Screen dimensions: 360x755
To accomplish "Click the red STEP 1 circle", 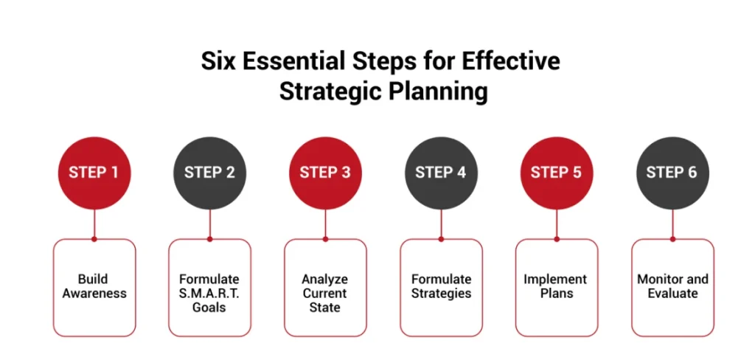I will (x=94, y=173).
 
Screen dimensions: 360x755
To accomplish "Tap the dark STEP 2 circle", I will (x=209, y=173).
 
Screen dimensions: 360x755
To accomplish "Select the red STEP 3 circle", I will (x=325, y=173).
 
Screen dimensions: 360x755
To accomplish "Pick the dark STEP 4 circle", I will (x=441, y=173).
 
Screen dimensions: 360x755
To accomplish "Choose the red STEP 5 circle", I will (x=556, y=173).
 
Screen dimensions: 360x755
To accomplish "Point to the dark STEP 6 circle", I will (x=672, y=173).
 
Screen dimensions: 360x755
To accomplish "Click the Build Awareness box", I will (x=94, y=287).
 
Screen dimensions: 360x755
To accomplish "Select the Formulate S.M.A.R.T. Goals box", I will (x=209, y=287).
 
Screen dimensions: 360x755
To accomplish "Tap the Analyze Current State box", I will (x=325, y=287).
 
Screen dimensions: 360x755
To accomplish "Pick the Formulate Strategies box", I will (x=441, y=287).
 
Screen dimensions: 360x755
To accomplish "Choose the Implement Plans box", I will (x=556, y=287).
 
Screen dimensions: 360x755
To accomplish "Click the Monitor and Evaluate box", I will (x=672, y=287).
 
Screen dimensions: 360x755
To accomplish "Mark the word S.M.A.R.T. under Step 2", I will (x=209, y=293).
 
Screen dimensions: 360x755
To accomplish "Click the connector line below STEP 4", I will (x=441, y=223).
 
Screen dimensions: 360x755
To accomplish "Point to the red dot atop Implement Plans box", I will (x=556, y=239).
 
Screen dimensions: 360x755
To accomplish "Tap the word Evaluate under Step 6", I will (x=672, y=294).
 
